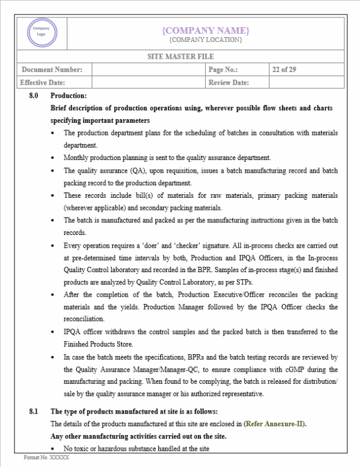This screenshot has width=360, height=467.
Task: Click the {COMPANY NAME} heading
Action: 206,30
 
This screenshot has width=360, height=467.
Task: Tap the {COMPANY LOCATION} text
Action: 206,40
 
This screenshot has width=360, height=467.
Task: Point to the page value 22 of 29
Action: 284,70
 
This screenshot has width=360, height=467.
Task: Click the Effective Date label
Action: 43,83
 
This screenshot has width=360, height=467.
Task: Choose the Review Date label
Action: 229,83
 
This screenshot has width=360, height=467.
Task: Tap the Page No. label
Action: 223,70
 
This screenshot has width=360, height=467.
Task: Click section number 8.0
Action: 34,96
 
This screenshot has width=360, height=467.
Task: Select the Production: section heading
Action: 68,96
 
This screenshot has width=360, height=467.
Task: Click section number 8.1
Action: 34,411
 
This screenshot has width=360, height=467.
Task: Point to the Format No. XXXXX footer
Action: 47,457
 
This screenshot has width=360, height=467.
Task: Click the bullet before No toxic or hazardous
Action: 55,448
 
